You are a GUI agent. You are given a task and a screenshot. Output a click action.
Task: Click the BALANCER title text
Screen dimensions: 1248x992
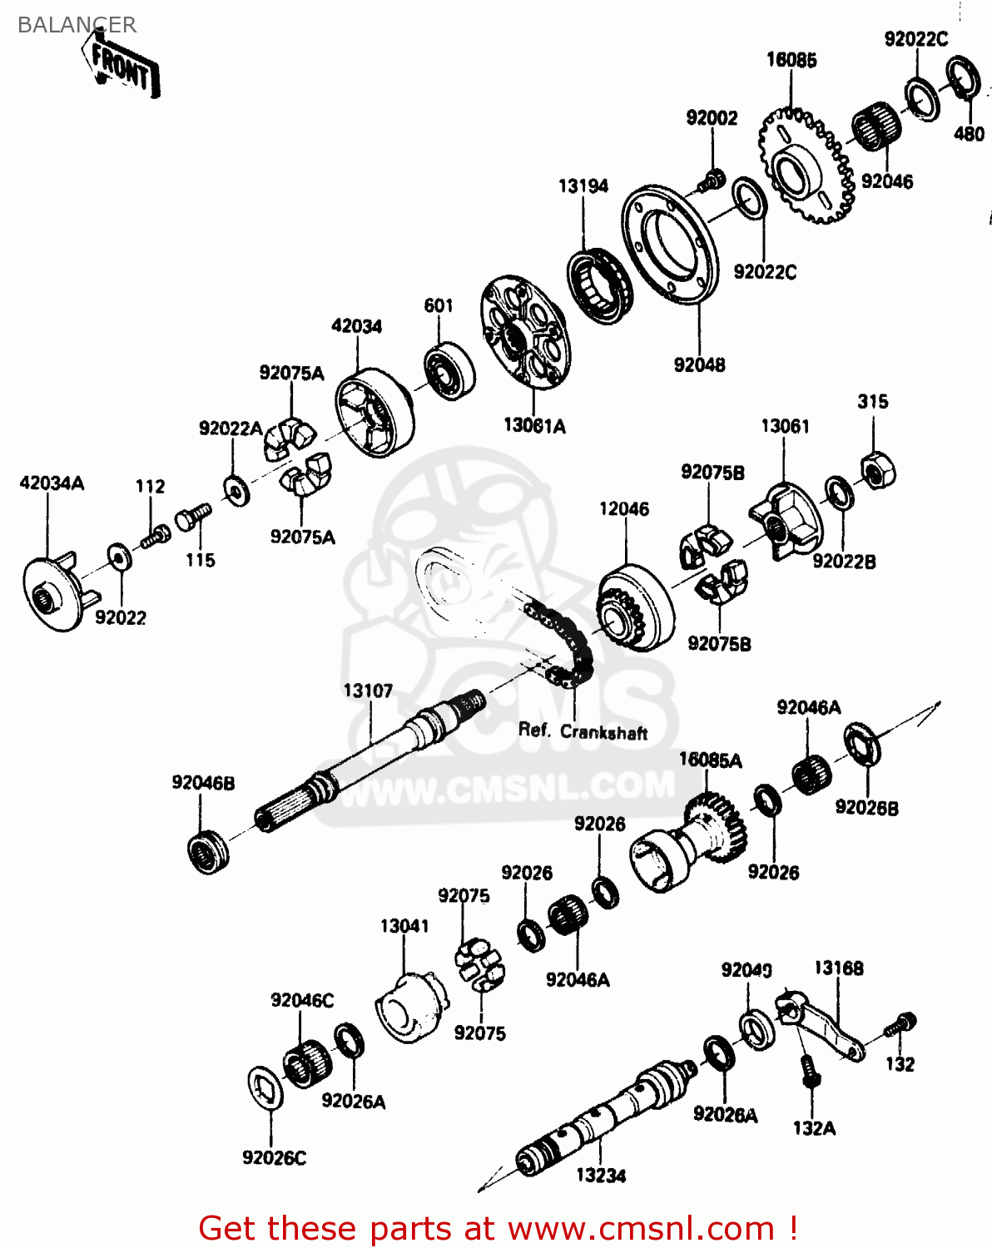pos(77,25)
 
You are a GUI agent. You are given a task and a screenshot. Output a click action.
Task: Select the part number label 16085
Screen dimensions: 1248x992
pos(791,60)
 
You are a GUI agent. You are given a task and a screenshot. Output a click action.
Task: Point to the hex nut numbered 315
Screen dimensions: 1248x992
pos(876,472)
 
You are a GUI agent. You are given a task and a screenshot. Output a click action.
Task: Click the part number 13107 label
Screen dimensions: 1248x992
pos(368,691)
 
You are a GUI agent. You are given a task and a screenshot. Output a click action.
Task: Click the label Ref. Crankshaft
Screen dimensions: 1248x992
pos(583,731)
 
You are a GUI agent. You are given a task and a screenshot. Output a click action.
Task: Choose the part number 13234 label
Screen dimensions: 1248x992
pos(601,1175)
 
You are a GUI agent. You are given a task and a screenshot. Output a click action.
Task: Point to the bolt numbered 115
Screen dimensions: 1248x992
pos(191,518)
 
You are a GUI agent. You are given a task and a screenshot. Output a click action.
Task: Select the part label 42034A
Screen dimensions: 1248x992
pos(52,483)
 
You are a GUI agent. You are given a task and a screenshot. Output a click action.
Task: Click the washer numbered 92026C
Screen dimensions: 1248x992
pos(266,1087)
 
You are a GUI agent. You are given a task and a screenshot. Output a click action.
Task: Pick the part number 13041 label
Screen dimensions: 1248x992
pos(404,926)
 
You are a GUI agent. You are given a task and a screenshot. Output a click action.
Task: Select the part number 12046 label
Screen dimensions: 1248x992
pos(624,509)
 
